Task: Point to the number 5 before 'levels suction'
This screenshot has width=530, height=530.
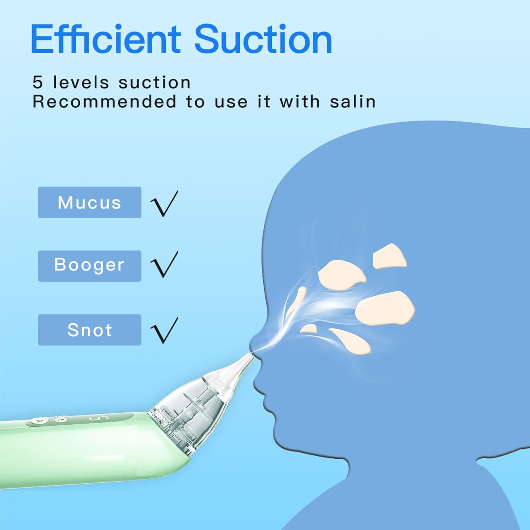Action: pos(37,83)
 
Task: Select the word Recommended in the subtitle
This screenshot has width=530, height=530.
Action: pos(105,102)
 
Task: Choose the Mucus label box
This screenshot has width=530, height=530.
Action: pos(89,202)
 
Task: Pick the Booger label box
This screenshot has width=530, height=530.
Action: pos(89,266)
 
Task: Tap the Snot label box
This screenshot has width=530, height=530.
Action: pos(89,330)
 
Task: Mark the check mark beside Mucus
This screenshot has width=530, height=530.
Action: pos(164,204)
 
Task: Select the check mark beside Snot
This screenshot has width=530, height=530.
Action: pos(164,330)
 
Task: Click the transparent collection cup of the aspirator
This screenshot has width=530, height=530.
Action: pos(187,410)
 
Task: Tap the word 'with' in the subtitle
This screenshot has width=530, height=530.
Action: pos(300,102)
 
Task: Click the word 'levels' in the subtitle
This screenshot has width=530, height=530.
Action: pos(81,83)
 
